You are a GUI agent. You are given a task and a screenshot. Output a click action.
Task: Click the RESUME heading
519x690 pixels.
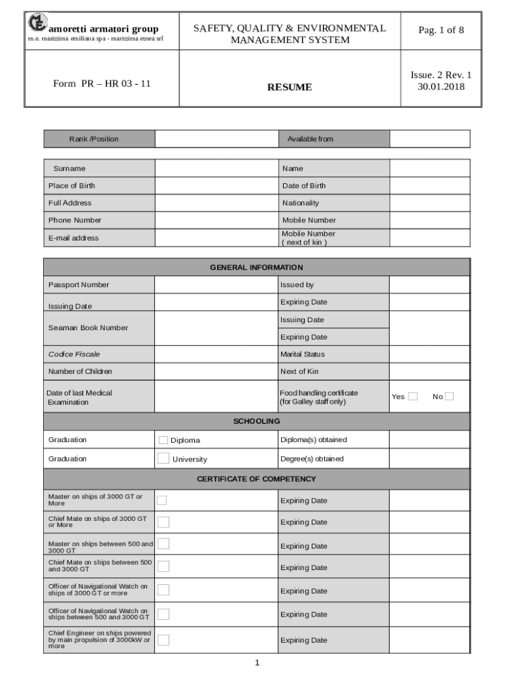[289, 87]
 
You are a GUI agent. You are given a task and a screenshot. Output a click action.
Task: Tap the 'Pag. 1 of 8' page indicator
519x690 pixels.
[441, 30]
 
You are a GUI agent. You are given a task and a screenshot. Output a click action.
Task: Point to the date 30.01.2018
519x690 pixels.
[441, 86]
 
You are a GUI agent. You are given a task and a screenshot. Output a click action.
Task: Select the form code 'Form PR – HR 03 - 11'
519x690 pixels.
[102, 84]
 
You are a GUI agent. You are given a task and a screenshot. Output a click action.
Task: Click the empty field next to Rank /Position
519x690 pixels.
[216, 139]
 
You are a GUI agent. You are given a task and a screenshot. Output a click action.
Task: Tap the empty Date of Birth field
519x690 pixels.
[429, 185]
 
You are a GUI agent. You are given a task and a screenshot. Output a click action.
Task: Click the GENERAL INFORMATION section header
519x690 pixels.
[257, 268]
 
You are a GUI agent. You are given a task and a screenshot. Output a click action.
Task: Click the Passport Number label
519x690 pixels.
[79, 285]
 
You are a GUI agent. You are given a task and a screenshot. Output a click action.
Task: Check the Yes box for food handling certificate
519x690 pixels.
[413, 396]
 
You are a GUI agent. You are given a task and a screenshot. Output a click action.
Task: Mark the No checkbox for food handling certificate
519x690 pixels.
[449, 396]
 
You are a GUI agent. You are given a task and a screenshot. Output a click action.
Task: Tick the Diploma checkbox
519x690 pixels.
[163, 440]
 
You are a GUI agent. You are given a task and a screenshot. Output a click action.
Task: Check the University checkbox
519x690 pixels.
[163, 458]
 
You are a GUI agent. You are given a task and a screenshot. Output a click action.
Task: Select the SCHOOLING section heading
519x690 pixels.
[257, 421]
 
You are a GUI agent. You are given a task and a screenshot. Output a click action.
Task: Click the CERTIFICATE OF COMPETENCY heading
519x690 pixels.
[257, 479]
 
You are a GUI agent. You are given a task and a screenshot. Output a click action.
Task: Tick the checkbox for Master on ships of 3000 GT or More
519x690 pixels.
[163, 500]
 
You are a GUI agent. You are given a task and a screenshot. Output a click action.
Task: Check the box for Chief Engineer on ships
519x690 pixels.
[163, 639]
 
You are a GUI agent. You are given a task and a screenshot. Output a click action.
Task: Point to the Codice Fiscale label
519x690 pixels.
[74, 354]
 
